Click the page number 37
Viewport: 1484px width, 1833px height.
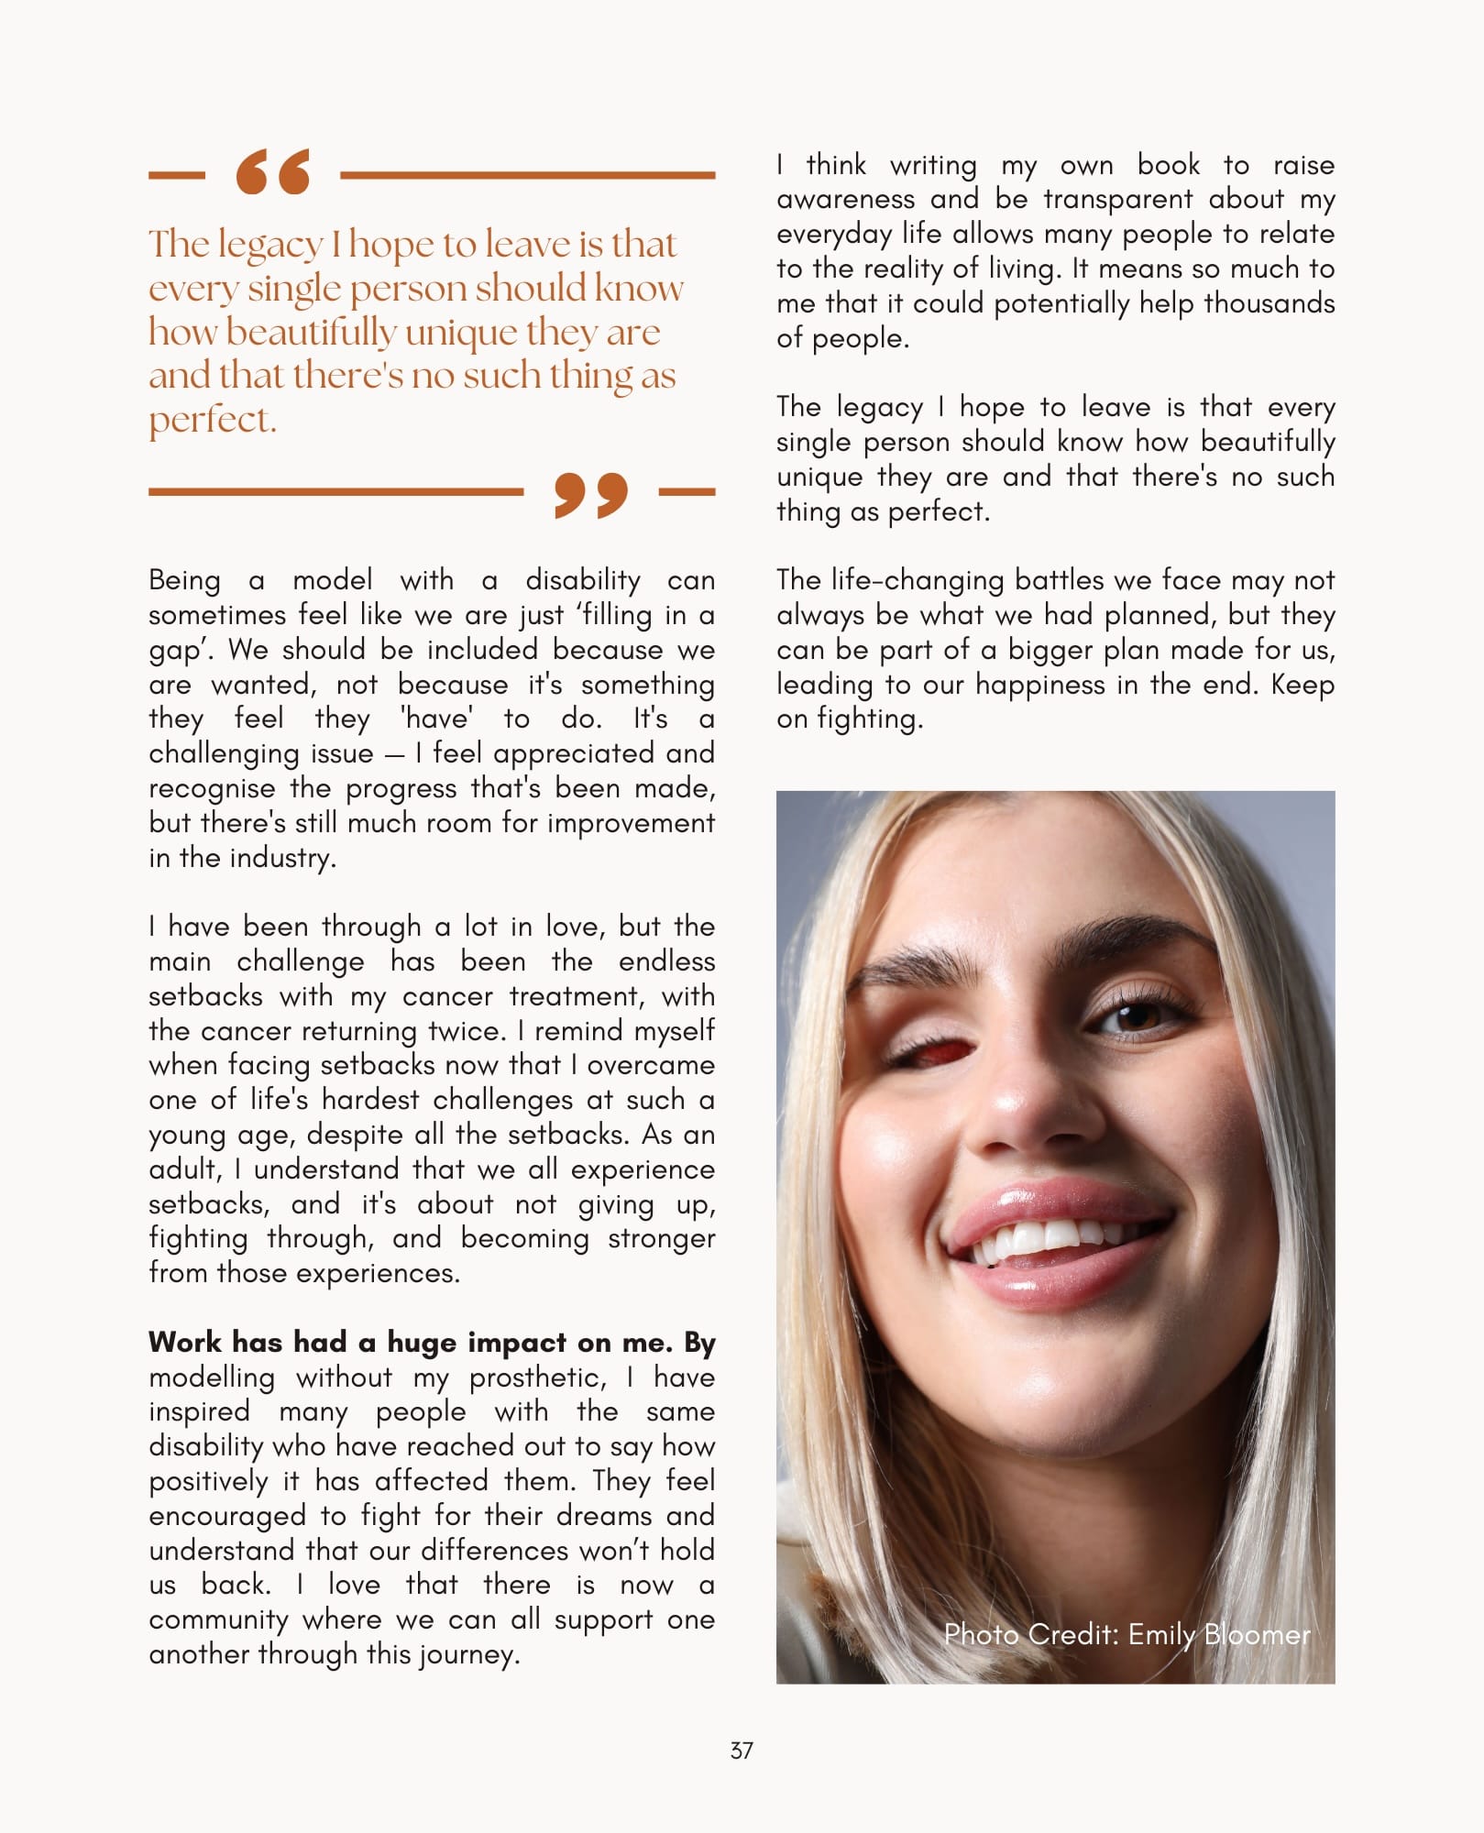tap(742, 1751)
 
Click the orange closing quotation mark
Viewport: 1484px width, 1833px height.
tap(591, 495)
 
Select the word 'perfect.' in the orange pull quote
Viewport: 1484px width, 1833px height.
tap(213, 420)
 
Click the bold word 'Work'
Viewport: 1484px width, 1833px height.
tap(185, 1343)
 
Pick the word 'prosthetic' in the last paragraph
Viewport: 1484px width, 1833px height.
tap(536, 1377)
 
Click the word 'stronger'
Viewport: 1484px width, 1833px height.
tap(661, 1239)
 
